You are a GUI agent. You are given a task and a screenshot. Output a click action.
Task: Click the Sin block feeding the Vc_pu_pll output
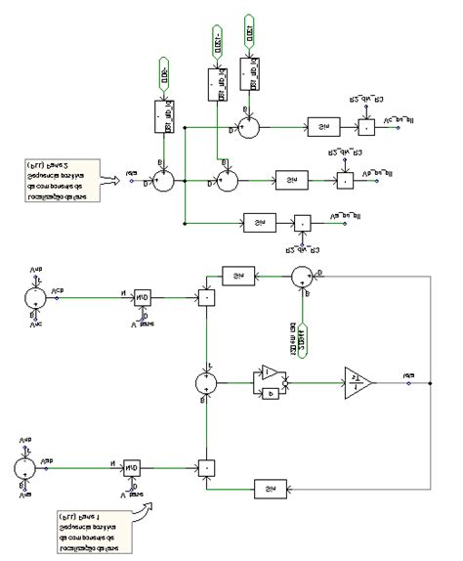tap(320, 128)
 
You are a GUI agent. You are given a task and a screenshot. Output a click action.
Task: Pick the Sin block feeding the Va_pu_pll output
tap(256, 224)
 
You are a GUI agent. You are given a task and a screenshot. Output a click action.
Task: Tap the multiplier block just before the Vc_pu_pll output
tap(364, 128)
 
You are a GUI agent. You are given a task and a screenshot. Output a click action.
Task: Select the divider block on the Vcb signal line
tap(143, 299)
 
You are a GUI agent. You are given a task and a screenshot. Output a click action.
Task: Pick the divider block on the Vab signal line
tap(132, 468)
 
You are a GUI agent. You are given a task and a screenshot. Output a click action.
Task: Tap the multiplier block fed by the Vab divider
tap(206, 467)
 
